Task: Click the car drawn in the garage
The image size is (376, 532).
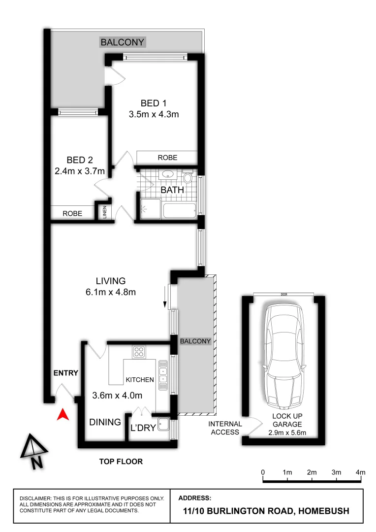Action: coord(283,357)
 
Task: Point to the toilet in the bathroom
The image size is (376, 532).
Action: coord(188,177)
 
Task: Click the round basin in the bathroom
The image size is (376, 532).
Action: coord(167,174)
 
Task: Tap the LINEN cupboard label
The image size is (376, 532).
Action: coord(104,213)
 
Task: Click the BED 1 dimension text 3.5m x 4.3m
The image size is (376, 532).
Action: coord(153,115)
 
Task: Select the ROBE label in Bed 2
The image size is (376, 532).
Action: coord(72,214)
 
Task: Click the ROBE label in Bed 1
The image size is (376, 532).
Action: coord(167,158)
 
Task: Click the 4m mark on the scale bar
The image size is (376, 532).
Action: coord(361,473)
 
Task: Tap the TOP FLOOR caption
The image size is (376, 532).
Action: coord(121,462)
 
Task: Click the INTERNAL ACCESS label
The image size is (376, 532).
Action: coord(225,428)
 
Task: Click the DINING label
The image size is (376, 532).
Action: coord(105,422)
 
